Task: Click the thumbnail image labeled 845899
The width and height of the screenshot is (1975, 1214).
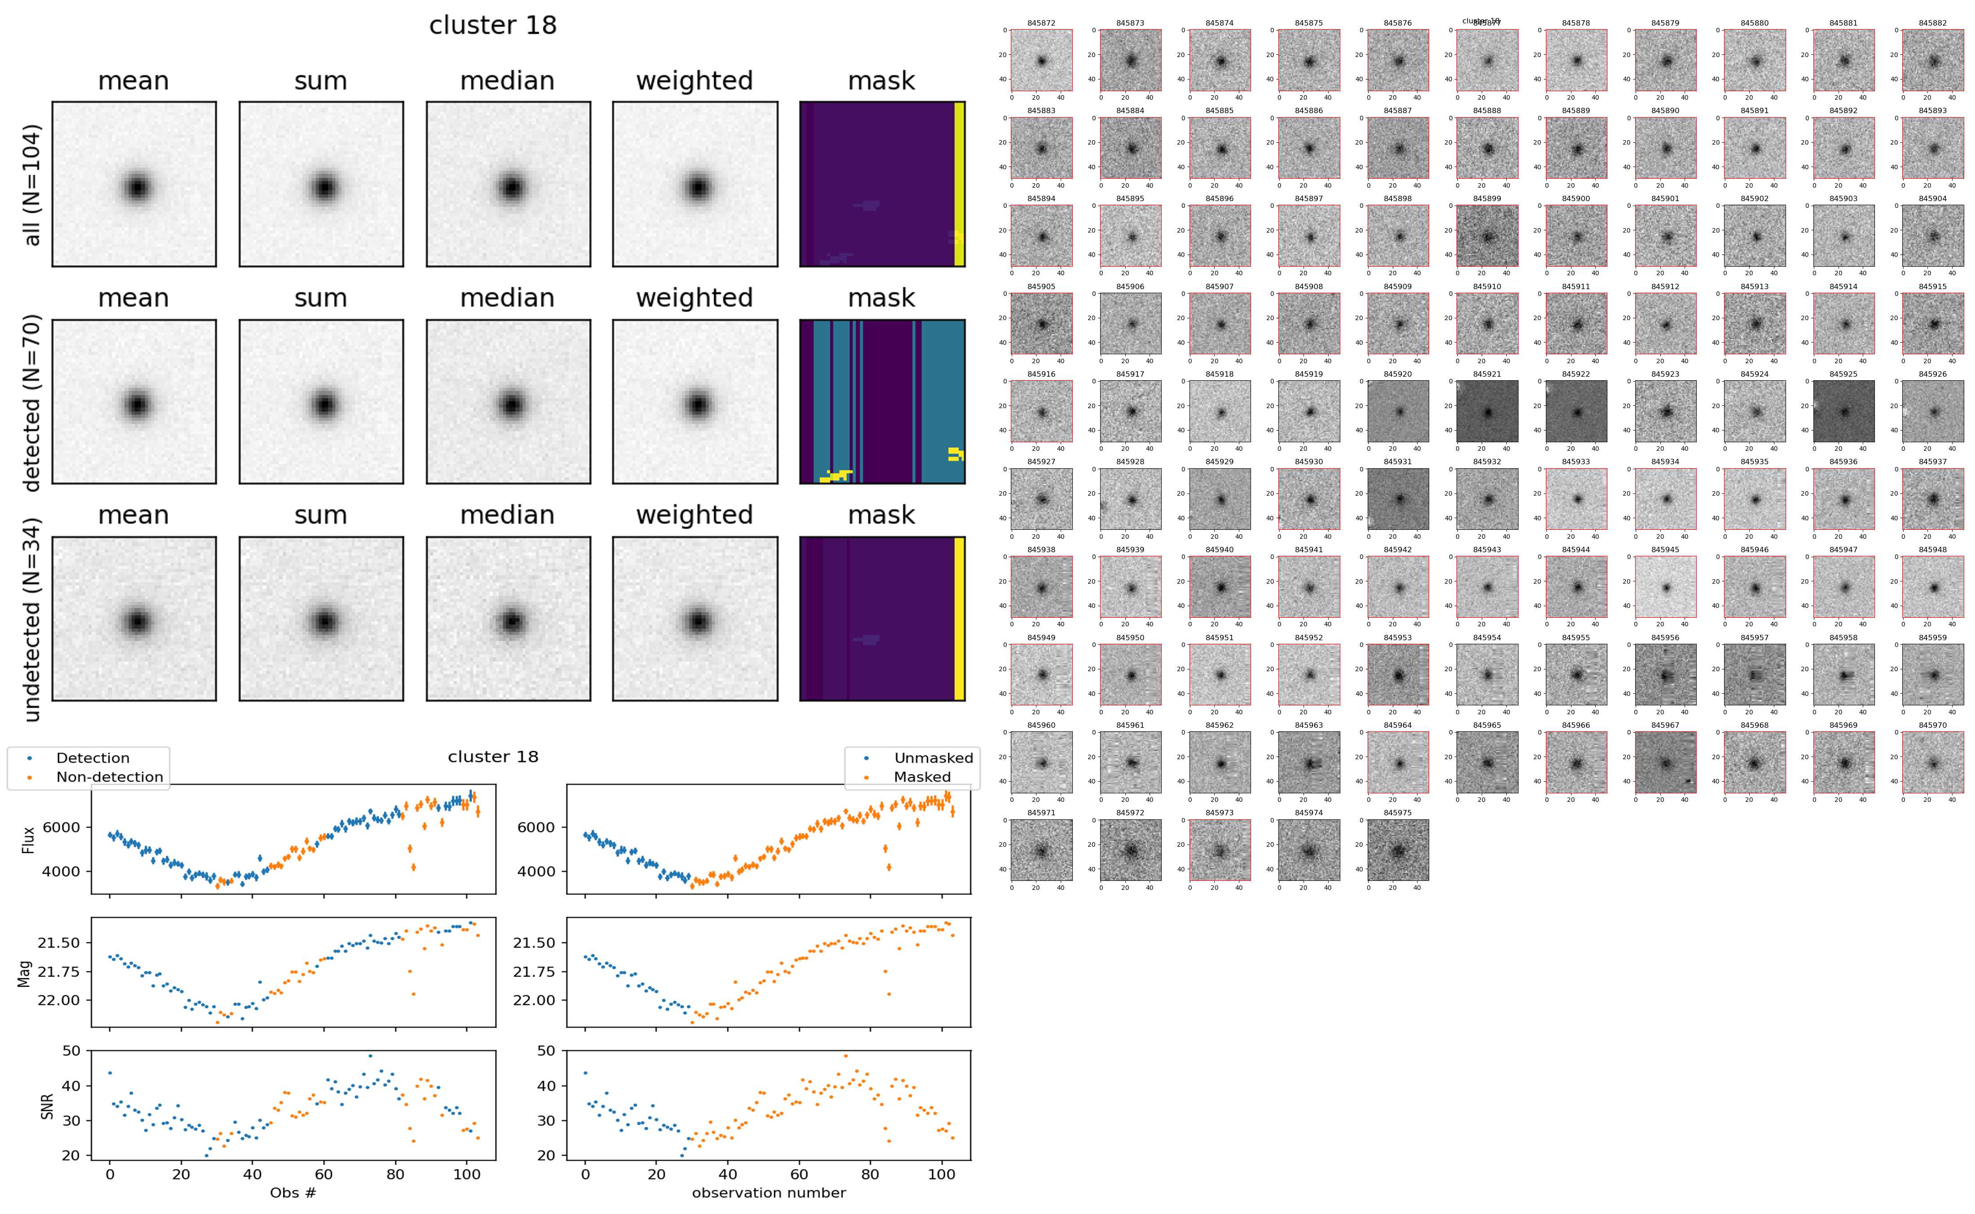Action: click(1487, 236)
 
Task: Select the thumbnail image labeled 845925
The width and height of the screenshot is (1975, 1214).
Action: click(1843, 411)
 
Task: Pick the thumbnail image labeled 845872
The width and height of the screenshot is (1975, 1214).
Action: click(1042, 60)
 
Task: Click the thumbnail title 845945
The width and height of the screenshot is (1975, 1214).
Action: click(1665, 550)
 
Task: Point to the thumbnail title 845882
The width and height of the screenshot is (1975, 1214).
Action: click(1932, 23)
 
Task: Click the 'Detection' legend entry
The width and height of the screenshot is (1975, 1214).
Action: click(92, 758)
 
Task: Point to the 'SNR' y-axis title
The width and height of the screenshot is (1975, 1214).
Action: click(47, 1106)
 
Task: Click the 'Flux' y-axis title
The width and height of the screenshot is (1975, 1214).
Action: click(29, 840)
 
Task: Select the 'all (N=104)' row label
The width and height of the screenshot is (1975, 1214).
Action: click(32, 185)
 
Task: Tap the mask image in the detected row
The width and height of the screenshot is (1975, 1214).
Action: click(882, 401)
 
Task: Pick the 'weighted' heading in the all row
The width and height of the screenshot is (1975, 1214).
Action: click(694, 81)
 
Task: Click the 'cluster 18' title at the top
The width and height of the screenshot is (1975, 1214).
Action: click(493, 26)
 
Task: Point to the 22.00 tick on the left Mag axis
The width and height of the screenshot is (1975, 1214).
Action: click(59, 1000)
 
